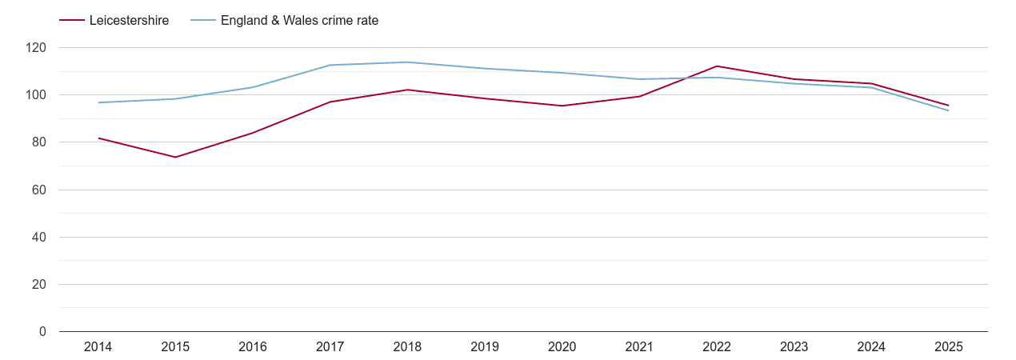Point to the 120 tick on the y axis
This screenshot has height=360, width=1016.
click(36, 48)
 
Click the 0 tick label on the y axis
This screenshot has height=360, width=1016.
click(42, 332)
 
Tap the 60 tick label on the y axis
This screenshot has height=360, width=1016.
click(39, 190)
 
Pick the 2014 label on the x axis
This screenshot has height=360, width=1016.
click(98, 347)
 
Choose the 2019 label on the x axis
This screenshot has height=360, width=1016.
click(485, 347)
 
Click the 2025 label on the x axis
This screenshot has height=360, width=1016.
click(949, 347)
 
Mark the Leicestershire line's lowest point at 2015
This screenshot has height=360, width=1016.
click(175, 157)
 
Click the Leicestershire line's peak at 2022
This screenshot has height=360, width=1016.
click(717, 66)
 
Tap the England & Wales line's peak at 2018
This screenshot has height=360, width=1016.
click(407, 62)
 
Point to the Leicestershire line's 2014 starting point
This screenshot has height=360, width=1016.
click(98, 138)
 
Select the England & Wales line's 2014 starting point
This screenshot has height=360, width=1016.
click(98, 102)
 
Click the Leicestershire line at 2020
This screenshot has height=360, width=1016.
click(562, 106)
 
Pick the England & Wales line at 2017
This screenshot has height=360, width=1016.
click(330, 65)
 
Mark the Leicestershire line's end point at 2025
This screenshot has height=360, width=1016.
click(949, 106)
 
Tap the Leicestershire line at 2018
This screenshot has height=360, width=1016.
click(407, 90)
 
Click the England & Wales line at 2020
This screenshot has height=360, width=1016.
click(562, 73)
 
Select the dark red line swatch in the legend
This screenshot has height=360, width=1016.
click(72, 21)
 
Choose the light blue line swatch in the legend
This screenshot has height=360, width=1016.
click(203, 21)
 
